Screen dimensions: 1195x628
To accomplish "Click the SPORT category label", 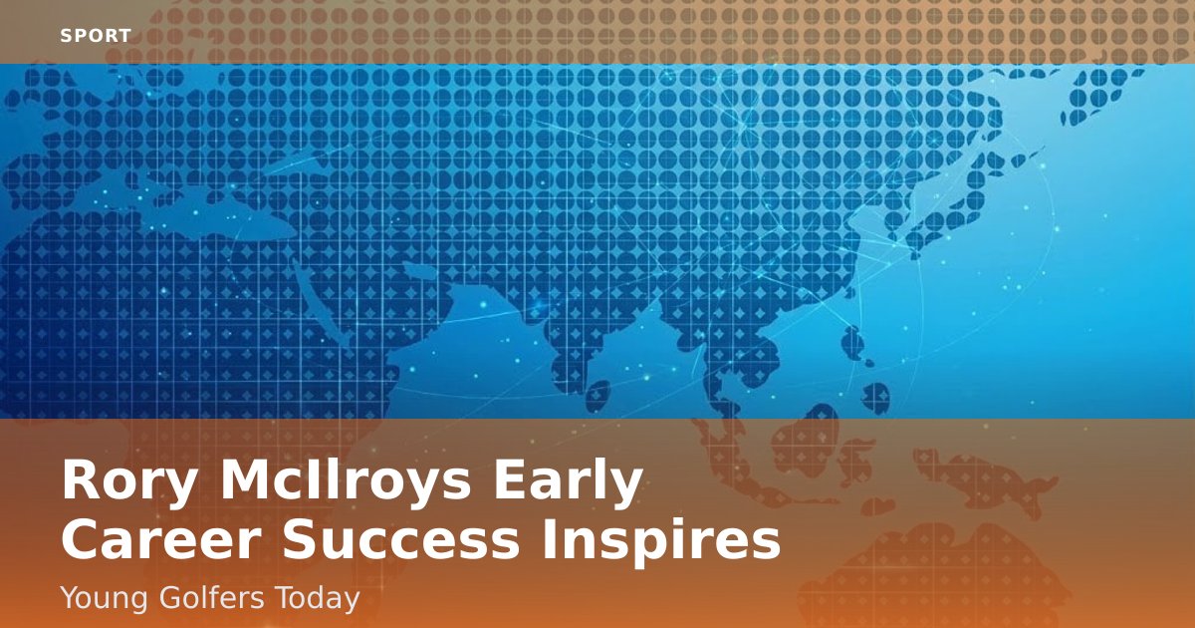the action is [x=96, y=36].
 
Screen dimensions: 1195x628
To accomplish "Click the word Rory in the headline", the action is [x=129, y=480].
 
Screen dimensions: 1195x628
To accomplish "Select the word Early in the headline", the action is [x=568, y=480].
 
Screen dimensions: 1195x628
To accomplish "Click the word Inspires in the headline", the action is [x=661, y=542].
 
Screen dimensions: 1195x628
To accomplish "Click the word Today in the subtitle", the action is [x=318, y=599].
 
